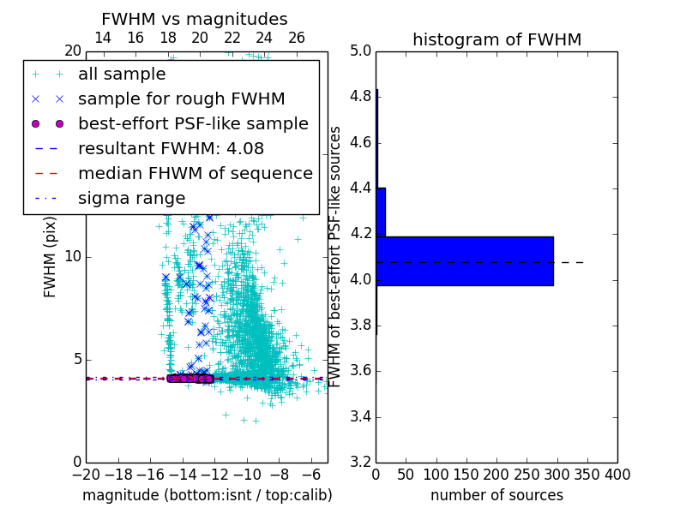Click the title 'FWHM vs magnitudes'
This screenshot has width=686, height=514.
coord(195,20)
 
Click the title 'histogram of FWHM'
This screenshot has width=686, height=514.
coord(496,39)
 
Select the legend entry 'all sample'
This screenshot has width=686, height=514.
coord(122,75)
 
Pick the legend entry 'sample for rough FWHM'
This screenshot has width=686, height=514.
coord(181,99)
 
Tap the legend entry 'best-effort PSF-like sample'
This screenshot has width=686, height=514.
coord(193,124)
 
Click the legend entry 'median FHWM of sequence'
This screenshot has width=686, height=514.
coord(195,174)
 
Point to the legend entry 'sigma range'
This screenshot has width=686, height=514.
coord(131,199)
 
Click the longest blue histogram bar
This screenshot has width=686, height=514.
coord(464,261)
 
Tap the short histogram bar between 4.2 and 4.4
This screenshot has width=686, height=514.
coord(381,212)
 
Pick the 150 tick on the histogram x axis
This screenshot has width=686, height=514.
coord(466,475)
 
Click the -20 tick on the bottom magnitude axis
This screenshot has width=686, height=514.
coord(86,475)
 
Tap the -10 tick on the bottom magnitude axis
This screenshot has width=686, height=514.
coord(247,475)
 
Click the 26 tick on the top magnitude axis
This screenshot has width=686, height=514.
coord(297,39)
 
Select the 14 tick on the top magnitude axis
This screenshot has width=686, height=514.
coord(103,39)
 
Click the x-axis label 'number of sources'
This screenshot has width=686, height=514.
coord(496,495)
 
